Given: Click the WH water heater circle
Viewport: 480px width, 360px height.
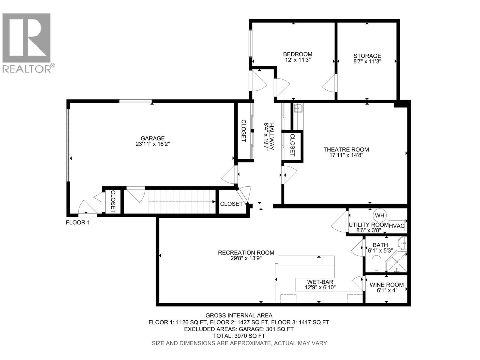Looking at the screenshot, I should (x=379, y=215).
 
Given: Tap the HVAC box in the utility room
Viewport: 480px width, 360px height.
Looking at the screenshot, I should (x=397, y=226).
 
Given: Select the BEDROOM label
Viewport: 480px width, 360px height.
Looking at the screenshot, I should (x=298, y=54).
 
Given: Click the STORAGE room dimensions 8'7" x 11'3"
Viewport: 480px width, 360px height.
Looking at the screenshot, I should (x=367, y=61).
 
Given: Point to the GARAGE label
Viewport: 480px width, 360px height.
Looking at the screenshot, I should (x=153, y=138).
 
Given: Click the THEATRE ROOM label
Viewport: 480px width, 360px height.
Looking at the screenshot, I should (x=346, y=149).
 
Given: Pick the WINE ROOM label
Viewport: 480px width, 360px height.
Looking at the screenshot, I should (x=386, y=285).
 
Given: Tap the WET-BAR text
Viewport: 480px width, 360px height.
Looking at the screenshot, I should (x=320, y=282).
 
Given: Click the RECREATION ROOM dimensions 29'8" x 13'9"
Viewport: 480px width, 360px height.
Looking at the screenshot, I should (x=246, y=258).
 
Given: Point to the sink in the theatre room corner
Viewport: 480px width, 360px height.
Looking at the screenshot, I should (x=298, y=107).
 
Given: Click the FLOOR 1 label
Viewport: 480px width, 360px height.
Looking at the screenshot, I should (x=78, y=223).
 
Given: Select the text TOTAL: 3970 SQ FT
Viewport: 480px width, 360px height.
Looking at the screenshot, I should (x=239, y=336).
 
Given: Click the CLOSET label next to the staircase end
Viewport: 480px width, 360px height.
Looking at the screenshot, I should (x=231, y=204).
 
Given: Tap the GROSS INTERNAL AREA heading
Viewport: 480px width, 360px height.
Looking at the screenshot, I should (x=239, y=315).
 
